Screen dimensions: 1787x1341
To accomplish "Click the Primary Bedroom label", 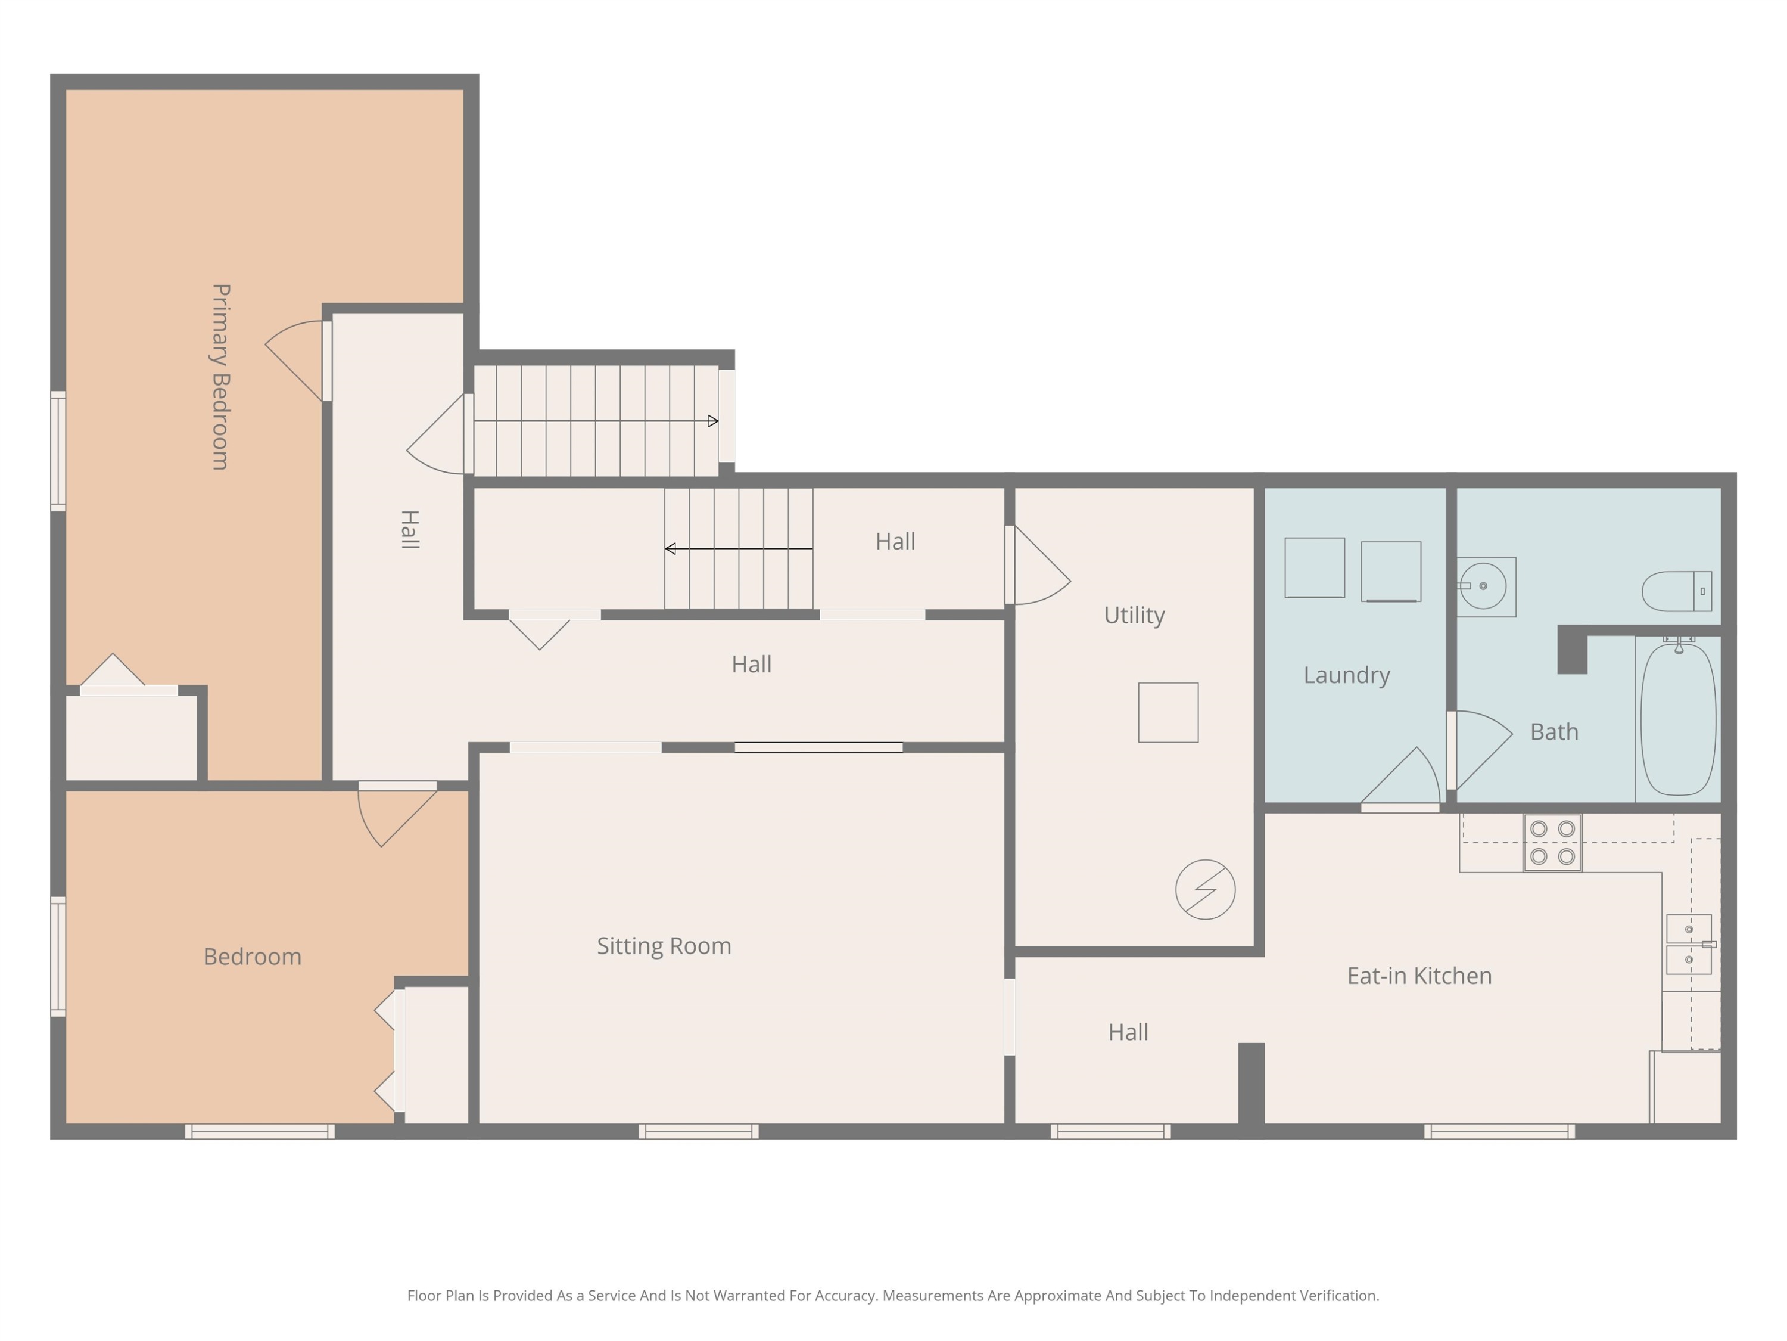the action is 220,377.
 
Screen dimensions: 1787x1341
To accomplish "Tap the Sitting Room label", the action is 664,946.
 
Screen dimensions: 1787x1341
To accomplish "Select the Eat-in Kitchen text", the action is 1419,976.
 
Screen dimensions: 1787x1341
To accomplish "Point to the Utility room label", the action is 1134,615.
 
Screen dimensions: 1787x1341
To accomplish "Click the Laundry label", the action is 1347,675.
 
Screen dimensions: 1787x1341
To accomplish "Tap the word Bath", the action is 1554,731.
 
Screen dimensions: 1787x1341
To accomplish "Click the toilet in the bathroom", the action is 1676,591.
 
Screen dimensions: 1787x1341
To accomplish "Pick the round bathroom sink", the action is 1483,586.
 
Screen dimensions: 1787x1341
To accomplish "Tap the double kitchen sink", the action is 1689,944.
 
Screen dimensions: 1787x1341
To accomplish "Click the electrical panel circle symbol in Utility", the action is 1206,889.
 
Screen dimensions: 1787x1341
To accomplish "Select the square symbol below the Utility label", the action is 1168,712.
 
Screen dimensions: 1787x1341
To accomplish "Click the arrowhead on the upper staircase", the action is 712,421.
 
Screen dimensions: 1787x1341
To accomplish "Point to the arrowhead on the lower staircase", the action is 670,549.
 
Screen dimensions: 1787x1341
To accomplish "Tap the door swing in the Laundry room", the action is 1402,776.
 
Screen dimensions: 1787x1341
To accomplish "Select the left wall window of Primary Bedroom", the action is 58,451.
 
